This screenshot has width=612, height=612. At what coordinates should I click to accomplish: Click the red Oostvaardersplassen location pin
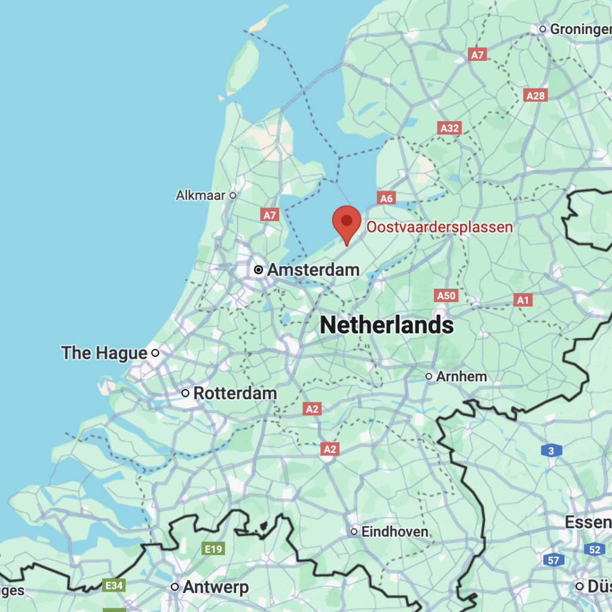point(347,222)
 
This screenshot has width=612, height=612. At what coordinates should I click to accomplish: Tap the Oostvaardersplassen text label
point(439,227)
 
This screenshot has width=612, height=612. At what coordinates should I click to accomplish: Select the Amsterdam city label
point(313,270)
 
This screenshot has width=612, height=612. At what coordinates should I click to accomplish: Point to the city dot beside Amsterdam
point(259,270)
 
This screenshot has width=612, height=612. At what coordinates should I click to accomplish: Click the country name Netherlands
point(387,325)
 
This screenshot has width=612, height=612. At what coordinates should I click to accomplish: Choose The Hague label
point(104,353)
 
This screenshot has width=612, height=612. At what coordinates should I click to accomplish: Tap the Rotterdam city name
point(235,393)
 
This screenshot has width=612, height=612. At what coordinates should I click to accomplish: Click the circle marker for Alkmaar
point(233,195)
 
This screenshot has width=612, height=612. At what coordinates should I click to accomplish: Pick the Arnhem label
point(461,377)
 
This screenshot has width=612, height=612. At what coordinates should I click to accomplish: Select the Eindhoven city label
point(395,531)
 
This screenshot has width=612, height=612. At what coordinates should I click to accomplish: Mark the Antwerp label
point(215,587)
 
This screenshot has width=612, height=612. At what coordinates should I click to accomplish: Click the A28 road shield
point(535,96)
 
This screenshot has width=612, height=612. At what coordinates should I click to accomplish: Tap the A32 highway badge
point(449,128)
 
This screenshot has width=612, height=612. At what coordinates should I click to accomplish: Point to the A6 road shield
point(387,198)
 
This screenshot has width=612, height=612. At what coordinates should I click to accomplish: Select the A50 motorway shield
point(446,295)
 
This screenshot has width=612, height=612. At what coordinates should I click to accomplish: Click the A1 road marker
point(523,300)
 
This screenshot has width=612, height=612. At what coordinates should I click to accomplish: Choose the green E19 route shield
point(214,549)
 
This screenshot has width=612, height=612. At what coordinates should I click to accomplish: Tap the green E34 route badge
point(114,585)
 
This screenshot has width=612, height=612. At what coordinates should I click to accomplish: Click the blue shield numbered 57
point(554,560)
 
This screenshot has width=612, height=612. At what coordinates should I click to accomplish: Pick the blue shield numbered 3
point(551,451)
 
